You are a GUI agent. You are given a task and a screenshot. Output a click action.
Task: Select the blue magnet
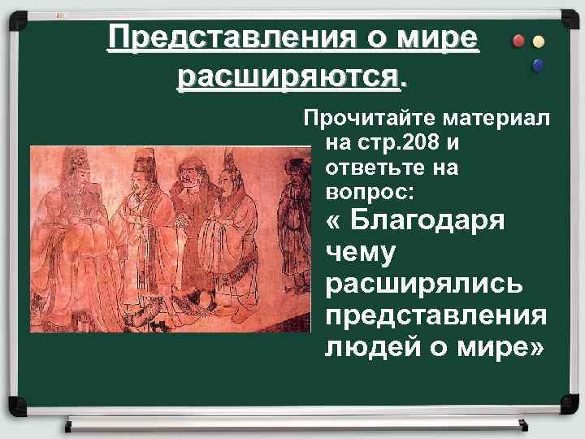point(536,66)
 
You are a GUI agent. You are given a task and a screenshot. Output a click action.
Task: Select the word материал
point(496,120)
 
